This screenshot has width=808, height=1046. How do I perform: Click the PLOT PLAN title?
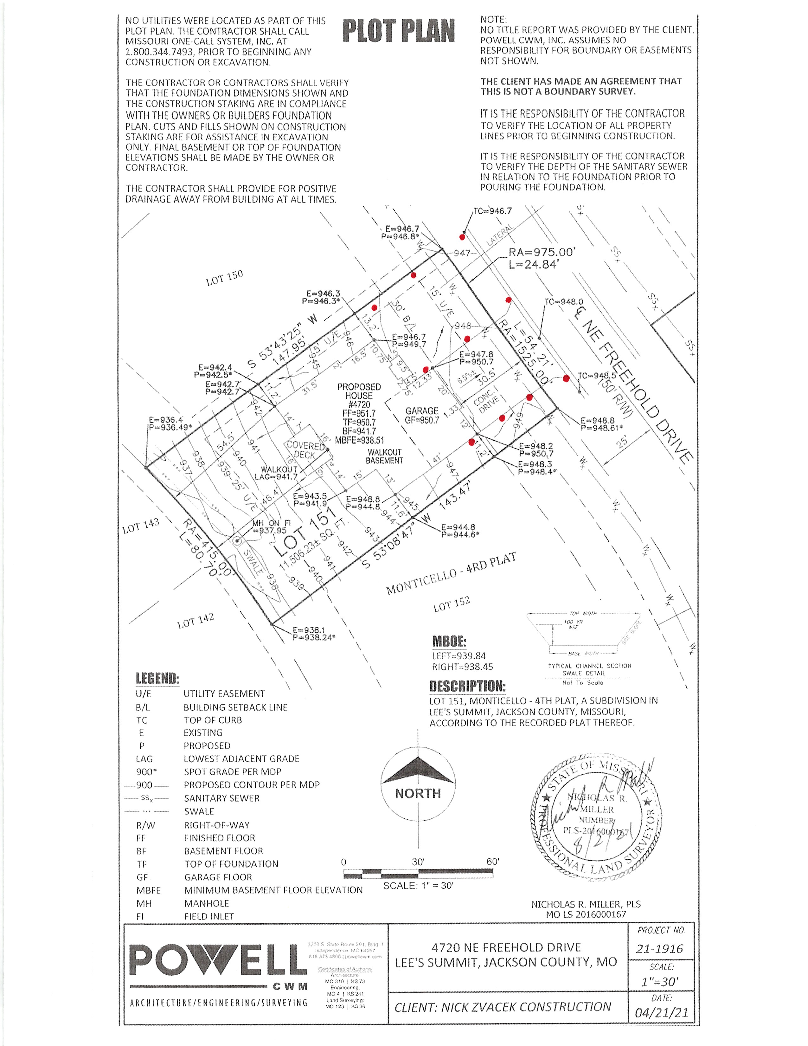398,32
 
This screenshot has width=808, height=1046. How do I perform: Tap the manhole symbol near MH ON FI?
237,541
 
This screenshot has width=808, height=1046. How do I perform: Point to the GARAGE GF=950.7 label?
422,415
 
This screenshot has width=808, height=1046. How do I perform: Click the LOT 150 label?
225,277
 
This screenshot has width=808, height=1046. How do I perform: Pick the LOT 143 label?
140,526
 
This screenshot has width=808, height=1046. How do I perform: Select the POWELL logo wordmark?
218,960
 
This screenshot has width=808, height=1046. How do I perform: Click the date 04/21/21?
661,1013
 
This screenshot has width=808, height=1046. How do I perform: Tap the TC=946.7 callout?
492,211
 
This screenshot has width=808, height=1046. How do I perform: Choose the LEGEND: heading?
157,678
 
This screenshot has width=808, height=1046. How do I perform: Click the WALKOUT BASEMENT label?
384,456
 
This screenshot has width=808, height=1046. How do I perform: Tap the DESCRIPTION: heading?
467,686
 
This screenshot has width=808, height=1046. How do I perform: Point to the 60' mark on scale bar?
492,862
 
